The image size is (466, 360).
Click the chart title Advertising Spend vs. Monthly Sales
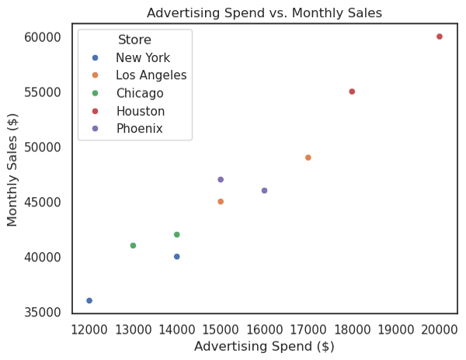pos(264,12)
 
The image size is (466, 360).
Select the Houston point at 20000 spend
pos(440,36)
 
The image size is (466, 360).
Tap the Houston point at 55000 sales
pos(352,92)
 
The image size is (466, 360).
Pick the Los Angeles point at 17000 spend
pos(308,157)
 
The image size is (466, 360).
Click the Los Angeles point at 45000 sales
pos(221,202)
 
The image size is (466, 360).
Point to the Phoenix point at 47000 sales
pos(221,179)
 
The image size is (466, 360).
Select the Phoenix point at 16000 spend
pos(264,190)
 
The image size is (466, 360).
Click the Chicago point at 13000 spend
pos(133,245)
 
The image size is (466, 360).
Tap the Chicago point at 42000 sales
pos(177,234)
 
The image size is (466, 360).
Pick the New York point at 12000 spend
pos(89,300)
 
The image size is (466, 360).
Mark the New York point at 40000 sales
pos(177,256)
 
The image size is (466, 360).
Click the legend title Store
pos(134,40)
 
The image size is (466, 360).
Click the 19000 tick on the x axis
pos(396,328)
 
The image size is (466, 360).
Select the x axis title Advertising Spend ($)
pos(264,346)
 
